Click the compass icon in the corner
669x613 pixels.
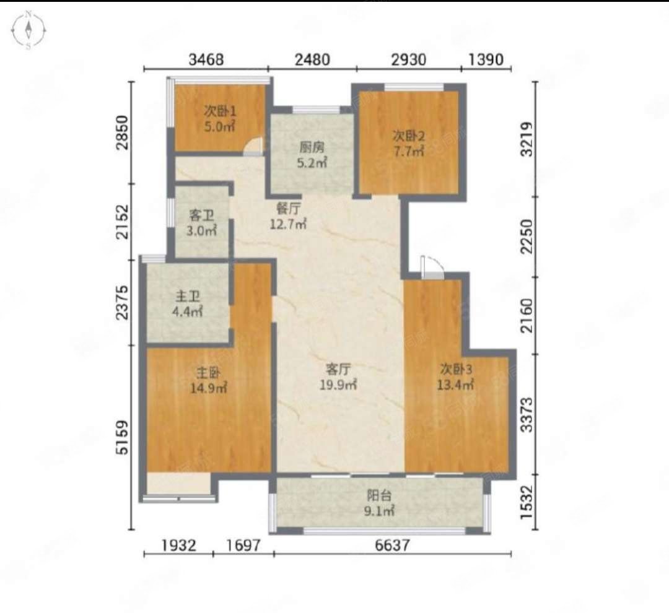click(x=28, y=30)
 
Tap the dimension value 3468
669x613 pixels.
click(x=206, y=59)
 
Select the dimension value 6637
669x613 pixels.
click(x=392, y=545)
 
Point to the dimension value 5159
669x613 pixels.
click(x=123, y=438)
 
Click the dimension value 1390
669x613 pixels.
click(x=486, y=59)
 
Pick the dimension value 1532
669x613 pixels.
click(x=527, y=502)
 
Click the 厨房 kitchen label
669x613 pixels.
click(x=312, y=147)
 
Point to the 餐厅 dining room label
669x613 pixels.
click(x=289, y=209)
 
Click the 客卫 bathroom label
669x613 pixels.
click(x=201, y=215)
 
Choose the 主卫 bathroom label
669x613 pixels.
click(x=188, y=296)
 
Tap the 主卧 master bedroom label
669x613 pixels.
click(x=208, y=373)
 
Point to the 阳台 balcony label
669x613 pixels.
click(x=379, y=496)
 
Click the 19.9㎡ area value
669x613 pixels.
click(x=338, y=385)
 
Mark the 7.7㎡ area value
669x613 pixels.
click(x=409, y=151)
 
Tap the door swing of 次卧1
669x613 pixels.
click(x=254, y=146)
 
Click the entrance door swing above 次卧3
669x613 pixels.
click(x=432, y=267)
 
